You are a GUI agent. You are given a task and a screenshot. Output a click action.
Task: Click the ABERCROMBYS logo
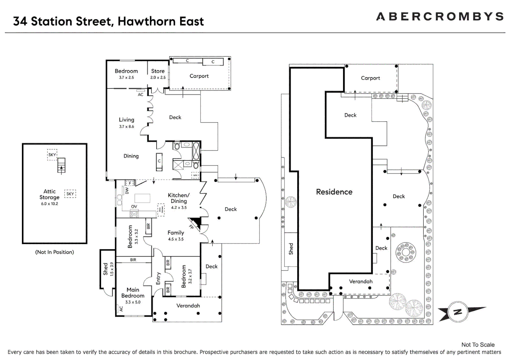[439, 16]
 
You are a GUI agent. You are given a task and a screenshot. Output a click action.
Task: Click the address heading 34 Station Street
[108, 21]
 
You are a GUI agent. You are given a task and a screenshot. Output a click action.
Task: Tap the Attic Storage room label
[49, 194]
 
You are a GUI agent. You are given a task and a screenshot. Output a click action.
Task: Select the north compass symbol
[458, 312]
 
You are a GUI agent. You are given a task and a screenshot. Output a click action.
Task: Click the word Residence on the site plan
[334, 192]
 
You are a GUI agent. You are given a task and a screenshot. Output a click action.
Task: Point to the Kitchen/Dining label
[179, 198]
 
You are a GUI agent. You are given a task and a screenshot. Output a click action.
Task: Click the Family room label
[176, 233]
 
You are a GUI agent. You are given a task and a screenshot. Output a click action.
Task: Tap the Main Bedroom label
[133, 293]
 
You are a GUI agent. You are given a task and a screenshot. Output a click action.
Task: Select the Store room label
[158, 71]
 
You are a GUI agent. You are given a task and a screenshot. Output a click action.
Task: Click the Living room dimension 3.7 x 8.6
[127, 127]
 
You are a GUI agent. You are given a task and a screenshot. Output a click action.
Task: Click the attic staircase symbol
[61, 165]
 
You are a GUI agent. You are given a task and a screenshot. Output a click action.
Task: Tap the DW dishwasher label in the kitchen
[127, 191]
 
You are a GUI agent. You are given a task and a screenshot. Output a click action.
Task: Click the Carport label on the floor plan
[199, 76]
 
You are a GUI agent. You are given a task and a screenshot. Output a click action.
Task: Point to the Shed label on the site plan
[291, 249]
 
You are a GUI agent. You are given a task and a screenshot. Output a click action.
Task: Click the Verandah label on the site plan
[361, 282]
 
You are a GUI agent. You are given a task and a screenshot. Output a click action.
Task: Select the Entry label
[159, 278]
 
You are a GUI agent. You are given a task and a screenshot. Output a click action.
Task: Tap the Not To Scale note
[478, 345]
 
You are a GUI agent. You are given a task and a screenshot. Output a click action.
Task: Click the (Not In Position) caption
[55, 252]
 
